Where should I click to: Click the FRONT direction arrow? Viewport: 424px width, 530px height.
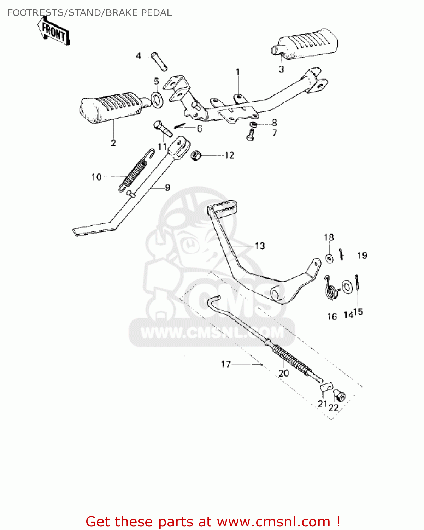pos(54,32)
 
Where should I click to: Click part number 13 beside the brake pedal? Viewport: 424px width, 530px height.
pos(259,246)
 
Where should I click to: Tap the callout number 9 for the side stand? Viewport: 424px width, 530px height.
pos(167,188)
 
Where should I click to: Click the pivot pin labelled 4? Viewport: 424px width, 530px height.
pos(159,61)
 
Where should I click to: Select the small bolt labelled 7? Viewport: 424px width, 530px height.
pos(251,135)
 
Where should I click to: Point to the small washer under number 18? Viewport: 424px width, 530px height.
pos(329,259)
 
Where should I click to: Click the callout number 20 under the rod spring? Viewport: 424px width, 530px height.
pos(284,373)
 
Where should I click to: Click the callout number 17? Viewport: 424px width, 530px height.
pos(226,364)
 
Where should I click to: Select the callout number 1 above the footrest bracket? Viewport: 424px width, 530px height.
pos(238,72)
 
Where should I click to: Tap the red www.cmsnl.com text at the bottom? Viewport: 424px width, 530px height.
pos(273,522)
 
